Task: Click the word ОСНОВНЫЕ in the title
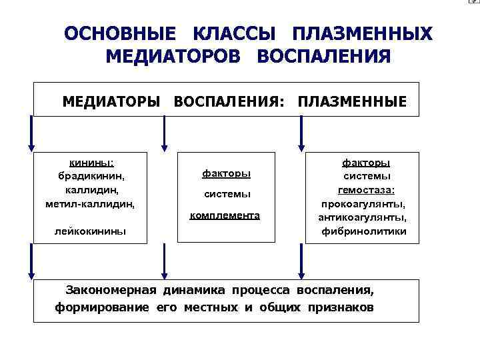[x=121, y=34]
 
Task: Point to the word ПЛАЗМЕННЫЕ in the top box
[x=352, y=102]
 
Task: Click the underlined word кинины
[x=92, y=163]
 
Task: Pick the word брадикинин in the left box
[x=92, y=177]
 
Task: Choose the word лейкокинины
[x=92, y=231]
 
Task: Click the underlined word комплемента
[x=225, y=216]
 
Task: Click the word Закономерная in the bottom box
[x=110, y=291]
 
